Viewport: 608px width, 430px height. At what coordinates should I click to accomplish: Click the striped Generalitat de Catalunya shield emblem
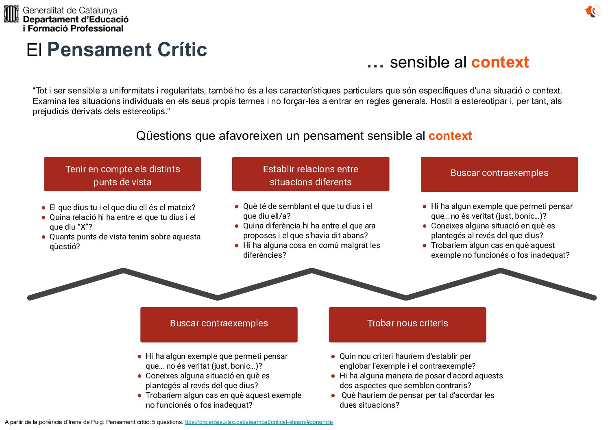(x=11, y=14)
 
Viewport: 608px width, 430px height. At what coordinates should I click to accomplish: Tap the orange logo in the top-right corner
(x=593, y=11)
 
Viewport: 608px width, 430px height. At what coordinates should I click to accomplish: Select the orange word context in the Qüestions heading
(x=450, y=136)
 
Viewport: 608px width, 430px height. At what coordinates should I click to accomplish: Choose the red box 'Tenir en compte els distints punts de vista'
(x=123, y=174)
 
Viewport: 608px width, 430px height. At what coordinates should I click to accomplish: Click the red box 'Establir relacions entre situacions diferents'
(x=311, y=174)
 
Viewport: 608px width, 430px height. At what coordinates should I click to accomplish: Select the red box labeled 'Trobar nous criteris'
(x=408, y=324)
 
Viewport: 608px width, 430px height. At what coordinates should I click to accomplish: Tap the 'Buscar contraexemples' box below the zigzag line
(x=219, y=324)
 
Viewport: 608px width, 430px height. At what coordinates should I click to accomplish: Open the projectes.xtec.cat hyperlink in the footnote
(x=259, y=422)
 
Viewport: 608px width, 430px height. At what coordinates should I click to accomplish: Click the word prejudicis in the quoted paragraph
(x=51, y=111)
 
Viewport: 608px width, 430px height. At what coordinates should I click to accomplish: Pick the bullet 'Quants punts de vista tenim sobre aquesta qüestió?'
(x=125, y=241)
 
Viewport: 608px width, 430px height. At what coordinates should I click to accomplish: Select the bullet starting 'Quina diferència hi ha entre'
(x=309, y=230)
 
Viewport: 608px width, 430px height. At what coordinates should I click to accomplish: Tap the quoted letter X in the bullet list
(x=83, y=227)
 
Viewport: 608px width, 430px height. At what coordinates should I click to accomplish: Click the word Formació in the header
(x=49, y=28)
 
